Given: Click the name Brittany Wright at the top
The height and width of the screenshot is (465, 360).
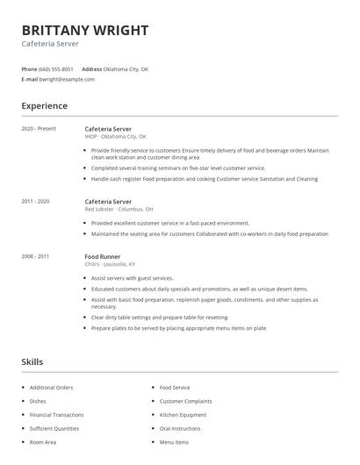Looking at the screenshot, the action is [84, 31].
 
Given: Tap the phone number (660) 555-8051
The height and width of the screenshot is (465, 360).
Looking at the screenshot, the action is [56, 68].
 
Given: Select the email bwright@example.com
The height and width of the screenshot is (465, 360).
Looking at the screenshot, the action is [67, 79].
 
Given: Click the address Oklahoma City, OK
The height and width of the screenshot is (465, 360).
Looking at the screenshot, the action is [127, 68].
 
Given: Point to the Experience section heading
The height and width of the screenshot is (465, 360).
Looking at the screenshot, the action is [44, 106].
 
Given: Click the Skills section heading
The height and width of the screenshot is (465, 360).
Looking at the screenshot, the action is [32, 361].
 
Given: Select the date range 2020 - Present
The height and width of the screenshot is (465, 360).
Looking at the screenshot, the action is [39, 129].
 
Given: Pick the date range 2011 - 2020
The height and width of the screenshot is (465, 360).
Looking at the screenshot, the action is [35, 202].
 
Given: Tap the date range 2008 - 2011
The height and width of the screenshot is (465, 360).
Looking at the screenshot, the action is [35, 256].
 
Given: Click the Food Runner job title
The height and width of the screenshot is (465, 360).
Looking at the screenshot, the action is [103, 256].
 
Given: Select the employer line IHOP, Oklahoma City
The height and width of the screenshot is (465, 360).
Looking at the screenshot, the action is [115, 137].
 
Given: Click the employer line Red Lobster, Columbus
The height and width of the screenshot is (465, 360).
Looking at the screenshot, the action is [119, 210].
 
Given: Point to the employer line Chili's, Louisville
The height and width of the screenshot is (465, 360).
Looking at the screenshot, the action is [110, 264].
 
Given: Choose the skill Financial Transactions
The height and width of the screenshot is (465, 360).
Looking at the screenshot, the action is [56, 414].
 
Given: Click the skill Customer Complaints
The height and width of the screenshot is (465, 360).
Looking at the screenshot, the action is [187, 400].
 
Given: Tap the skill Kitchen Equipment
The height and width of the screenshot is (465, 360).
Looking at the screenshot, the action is [183, 414].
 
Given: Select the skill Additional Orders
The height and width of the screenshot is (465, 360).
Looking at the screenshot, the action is [51, 387].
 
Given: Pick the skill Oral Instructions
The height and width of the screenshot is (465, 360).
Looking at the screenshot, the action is [180, 428].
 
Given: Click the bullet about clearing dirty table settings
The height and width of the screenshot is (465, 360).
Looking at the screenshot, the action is [159, 318].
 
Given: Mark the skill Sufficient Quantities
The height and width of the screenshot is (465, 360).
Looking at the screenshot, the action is [54, 428].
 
